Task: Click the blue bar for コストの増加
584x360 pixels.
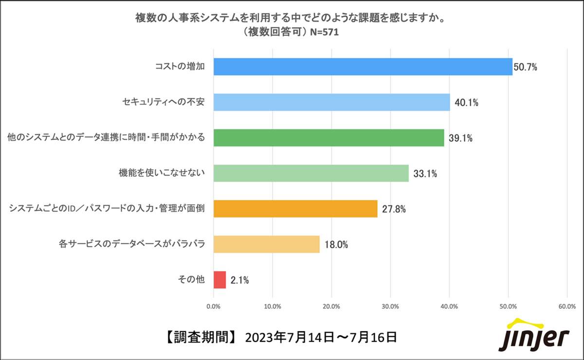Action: (x=363, y=67)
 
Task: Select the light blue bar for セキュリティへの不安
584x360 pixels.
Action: (x=331, y=102)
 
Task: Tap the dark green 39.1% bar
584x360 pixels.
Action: (x=328, y=138)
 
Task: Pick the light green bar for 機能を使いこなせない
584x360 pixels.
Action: (x=311, y=173)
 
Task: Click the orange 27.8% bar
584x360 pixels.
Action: (x=295, y=209)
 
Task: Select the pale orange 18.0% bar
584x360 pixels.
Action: (x=267, y=244)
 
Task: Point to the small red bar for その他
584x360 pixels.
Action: (x=220, y=280)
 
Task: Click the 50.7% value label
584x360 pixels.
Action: (x=526, y=67)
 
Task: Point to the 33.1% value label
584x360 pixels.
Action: (x=425, y=174)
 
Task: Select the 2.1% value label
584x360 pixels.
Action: (x=240, y=280)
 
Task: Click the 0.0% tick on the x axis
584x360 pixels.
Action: (x=214, y=306)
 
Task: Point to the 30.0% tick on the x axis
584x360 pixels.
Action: (x=390, y=306)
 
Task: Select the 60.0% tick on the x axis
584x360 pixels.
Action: (x=567, y=306)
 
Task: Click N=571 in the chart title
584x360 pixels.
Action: (x=322, y=33)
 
